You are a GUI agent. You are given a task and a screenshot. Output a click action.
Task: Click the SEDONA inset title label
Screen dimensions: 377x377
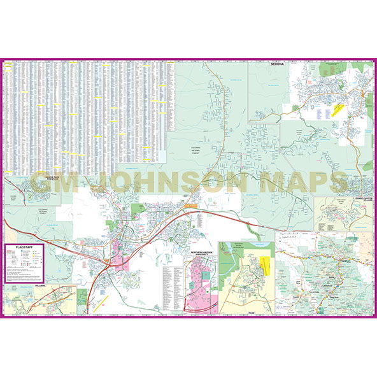[x=276, y=65]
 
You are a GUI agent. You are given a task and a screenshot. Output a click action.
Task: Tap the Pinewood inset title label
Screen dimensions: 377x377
[x=46, y=178]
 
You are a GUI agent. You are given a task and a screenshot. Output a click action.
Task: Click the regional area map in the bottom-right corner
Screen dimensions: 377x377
[x=325, y=274]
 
